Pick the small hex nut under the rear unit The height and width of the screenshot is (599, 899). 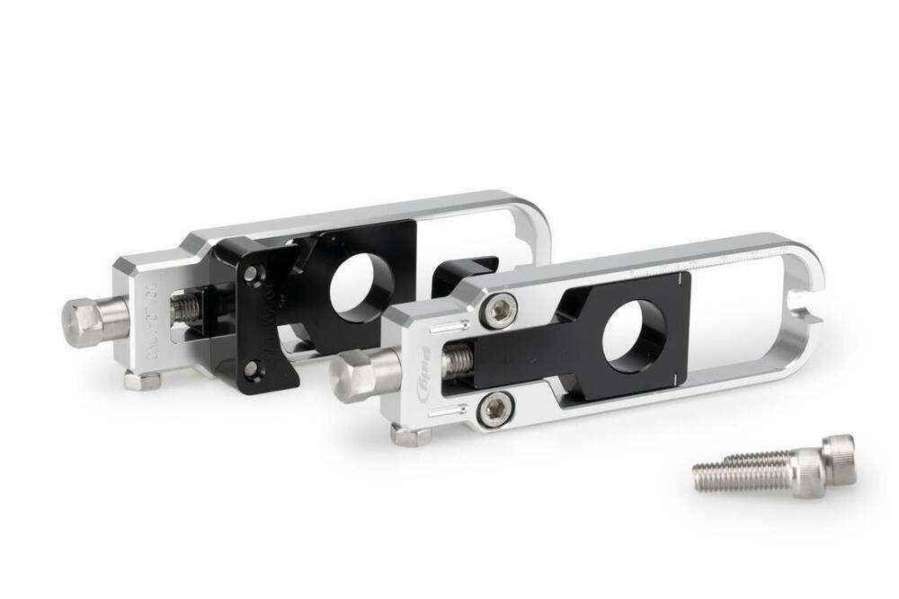pyautogui.click(x=142, y=381)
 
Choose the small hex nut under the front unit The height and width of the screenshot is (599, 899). pyautogui.click(x=410, y=436)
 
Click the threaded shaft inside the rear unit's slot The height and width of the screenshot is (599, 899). pyautogui.click(x=184, y=309)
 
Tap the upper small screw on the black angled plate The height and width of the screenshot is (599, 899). pyautogui.click(x=252, y=273)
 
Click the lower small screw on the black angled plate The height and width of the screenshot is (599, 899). pyautogui.click(x=253, y=366)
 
